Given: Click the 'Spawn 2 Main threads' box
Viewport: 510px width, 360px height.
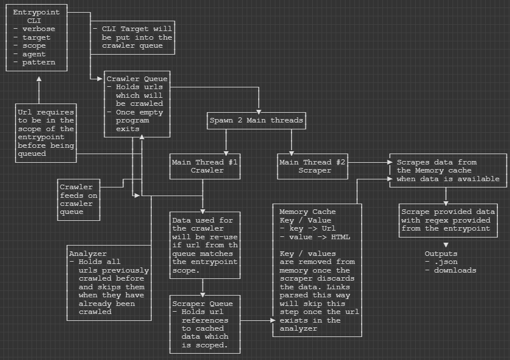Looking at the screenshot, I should (x=256, y=121).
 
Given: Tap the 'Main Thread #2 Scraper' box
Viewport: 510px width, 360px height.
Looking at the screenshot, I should (x=313, y=166).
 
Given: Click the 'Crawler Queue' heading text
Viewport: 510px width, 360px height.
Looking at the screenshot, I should (x=137, y=79).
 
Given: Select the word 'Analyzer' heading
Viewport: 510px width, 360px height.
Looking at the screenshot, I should (x=87, y=254).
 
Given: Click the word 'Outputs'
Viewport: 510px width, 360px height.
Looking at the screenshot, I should (x=441, y=254).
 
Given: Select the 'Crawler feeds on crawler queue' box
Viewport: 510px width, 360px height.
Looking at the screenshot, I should (x=79, y=199).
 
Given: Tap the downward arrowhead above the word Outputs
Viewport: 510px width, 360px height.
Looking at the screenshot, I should (x=445, y=244).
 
